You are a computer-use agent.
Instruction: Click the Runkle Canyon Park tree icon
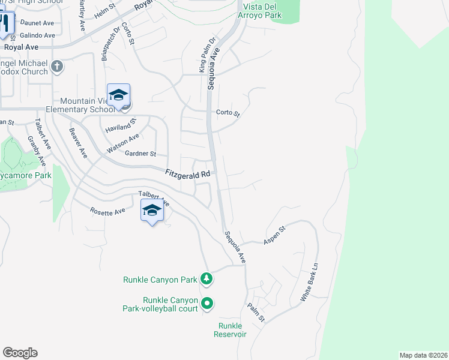(x=206, y=279)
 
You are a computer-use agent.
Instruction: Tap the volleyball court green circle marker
(x=206, y=304)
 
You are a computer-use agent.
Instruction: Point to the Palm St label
(x=256, y=312)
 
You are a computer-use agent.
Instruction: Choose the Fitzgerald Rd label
(x=188, y=173)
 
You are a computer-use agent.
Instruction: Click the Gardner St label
(x=140, y=154)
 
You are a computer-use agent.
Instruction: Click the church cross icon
(x=57, y=66)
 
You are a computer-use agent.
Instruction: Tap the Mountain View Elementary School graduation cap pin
(x=119, y=95)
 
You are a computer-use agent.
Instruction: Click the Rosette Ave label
(x=107, y=211)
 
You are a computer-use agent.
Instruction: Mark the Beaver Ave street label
(x=78, y=143)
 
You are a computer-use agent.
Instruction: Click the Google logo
(x=20, y=353)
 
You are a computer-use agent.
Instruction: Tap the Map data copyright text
(x=423, y=355)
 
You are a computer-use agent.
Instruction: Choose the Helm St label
(x=104, y=10)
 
